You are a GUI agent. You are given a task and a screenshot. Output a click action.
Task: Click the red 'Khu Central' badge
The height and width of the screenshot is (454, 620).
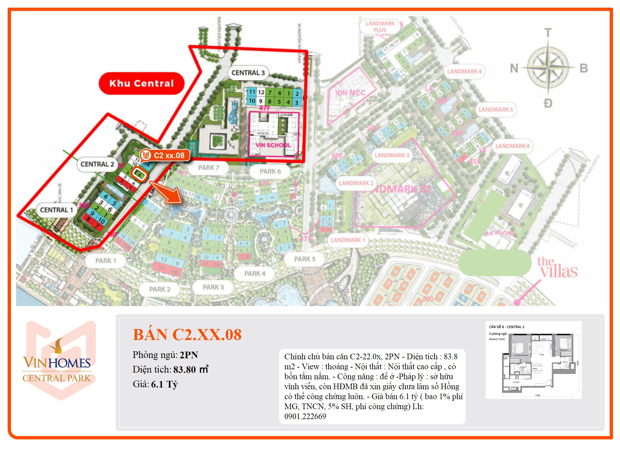click(141, 83)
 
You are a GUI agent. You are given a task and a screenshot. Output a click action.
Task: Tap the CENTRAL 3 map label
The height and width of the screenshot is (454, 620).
click(248, 73)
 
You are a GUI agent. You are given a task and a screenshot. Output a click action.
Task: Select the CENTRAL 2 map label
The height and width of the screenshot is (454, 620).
click(97, 164)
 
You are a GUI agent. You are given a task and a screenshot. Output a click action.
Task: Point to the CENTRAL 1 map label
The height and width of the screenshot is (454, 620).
click(56, 210)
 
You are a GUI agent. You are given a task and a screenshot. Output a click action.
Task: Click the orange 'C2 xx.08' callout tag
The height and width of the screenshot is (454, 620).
click(165, 155)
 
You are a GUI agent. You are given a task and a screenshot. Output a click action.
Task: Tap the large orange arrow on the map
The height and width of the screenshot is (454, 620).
click(167, 193)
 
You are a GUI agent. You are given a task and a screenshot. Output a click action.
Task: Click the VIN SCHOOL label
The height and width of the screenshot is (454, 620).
click(273, 145)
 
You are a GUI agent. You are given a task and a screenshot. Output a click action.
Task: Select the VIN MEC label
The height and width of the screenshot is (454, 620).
click(350, 93)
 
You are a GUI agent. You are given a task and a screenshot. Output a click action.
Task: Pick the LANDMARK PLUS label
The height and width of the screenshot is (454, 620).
click(380, 27)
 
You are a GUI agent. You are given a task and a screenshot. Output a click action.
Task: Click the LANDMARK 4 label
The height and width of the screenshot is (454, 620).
click(464, 71)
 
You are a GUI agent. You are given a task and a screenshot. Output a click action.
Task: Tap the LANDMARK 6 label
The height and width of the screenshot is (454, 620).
click(512, 146)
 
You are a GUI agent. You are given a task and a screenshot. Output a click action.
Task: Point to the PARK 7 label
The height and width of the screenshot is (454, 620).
click(209, 168)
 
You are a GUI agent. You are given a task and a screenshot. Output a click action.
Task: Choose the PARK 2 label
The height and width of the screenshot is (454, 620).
click(160, 289)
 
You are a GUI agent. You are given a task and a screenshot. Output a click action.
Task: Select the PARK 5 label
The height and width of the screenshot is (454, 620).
click(305, 259)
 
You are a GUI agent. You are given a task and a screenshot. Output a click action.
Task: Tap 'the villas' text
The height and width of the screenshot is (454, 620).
click(557, 268)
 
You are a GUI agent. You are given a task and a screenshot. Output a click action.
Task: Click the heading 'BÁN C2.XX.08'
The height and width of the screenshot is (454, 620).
click(187, 335)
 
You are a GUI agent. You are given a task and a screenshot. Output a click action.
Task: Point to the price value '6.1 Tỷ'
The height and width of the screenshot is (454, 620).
click(164, 385)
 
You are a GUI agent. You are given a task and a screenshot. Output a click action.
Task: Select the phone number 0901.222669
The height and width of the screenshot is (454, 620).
click(305, 416)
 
